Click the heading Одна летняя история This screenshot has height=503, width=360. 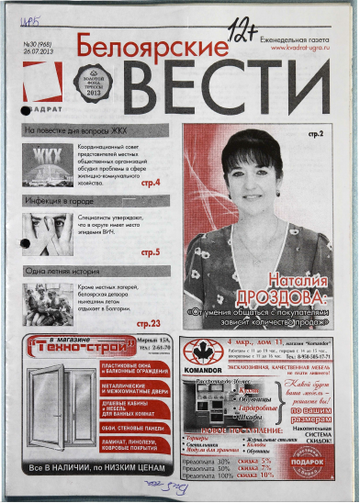[x=62, y=271]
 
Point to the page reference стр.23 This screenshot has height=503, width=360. [x=148, y=322]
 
